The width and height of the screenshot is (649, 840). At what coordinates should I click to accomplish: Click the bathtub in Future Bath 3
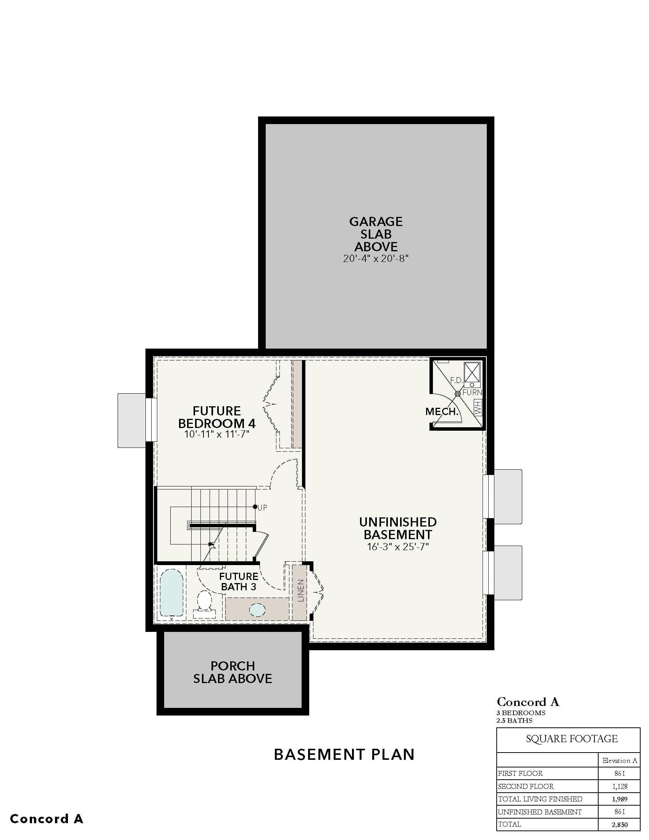coord(171,593)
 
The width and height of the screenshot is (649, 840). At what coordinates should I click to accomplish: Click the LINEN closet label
coord(301,590)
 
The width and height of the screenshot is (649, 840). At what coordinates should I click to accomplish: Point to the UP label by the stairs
coord(262,508)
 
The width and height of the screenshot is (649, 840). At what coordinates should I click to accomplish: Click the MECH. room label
coord(442,412)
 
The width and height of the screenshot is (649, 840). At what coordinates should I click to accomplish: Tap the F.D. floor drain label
coord(456,380)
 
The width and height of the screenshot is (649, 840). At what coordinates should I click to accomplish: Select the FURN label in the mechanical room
coord(472,393)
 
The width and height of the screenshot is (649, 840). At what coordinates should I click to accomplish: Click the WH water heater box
coord(478,407)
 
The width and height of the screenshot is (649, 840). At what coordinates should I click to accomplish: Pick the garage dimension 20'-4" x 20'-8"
coord(376,258)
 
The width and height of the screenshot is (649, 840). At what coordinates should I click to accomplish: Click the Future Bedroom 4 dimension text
coord(217,435)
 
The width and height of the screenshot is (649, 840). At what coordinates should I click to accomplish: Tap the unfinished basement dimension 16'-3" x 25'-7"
coord(398,546)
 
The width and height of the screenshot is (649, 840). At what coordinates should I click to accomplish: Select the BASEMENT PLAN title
coord(344,754)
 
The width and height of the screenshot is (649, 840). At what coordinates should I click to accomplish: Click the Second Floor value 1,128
coord(620,786)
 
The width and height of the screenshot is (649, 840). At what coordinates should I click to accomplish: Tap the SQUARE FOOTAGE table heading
coord(572,739)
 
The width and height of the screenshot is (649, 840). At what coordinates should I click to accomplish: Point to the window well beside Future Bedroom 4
coord(132,420)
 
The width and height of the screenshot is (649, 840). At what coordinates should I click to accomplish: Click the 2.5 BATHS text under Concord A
coord(515,720)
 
